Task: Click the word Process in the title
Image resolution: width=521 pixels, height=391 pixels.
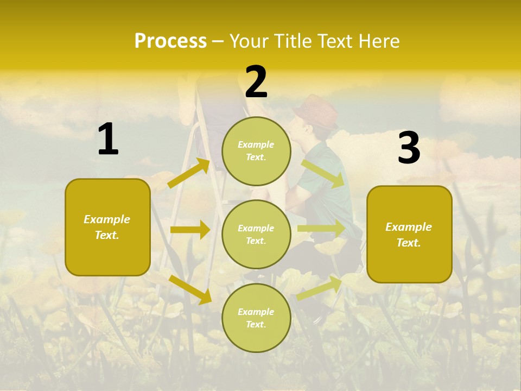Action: pyautogui.click(x=170, y=41)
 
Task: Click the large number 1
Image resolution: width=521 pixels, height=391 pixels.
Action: pyautogui.click(x=108, y=140)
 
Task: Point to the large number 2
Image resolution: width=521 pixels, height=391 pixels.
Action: pyautogui.click(x=256, y=82)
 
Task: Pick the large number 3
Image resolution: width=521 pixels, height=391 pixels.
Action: pyautogui.click(x=409, y=148)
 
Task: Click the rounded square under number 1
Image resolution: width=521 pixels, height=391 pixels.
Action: pyautogui.click(x=107, y=227)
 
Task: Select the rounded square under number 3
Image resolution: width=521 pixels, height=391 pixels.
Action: pyautogui.click(x=409, y=234)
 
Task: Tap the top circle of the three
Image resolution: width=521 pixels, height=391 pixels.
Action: pyautogui.click(x=256, y=151)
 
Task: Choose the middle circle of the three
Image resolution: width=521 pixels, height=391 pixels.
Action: pyautogui.click(x=256, y=234)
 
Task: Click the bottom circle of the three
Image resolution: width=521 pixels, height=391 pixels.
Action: pyautogui.click(x=256, y=318)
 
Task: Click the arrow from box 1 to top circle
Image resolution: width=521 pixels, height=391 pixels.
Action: pyautogui.click(x=189, y=173)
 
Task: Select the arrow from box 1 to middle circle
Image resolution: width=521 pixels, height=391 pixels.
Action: pyautogui.click(x=190, y=230)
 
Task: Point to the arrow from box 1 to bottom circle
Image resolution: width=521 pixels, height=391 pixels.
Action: pyautogui.click(x=190, y=289)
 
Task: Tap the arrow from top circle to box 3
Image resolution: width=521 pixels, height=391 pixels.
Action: pyautogui.click(x=323, y=173)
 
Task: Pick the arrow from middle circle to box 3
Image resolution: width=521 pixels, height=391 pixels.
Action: pyautogui.click(x=321, y=229)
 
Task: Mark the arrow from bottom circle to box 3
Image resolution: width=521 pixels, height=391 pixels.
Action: pyautogui.click(x=320, y=288)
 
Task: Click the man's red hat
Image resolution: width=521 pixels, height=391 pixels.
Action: pyautogui.click(x=316, y=111)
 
